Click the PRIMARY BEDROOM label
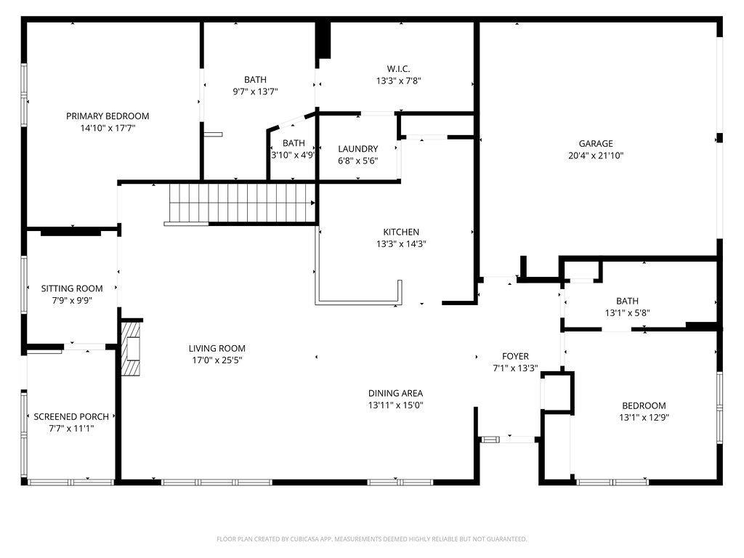[108, 116]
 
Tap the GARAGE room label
[596, 143]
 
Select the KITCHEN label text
[401, 232]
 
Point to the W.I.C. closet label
[398, 69]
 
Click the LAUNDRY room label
[357, 148]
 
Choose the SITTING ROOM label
[72, 288]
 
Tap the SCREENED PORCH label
[71, 416]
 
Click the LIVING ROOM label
[217, 348]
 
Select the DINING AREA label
[395, 393]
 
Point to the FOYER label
[515, 356]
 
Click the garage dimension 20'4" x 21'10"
[596, 155]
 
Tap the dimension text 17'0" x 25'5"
[217, 360]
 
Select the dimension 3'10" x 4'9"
[293, 155]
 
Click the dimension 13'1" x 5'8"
[627, 312]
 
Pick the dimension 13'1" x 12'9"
[644, 418]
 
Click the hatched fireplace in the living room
[131, 349]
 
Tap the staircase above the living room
[242, 203]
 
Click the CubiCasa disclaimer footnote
[371, 539]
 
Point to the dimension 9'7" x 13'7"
[255, 92]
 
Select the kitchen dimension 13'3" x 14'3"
[401, 244]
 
